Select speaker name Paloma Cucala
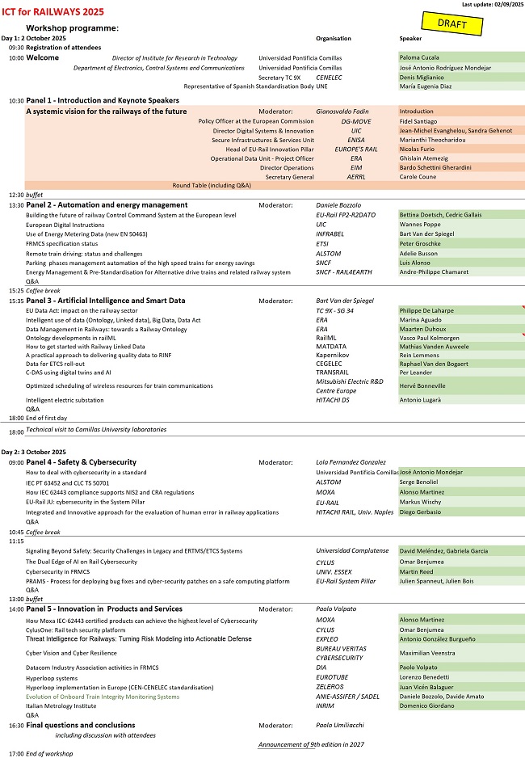pyautogui.click(x=418, y=58)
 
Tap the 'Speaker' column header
pyautogui.click(x=410, y=38)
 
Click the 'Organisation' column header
pyautogui.click(x=334, y=38)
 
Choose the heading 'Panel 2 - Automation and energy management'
pyautogui.click(x=107, y=205)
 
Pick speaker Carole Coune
pyautogui.click(x=418, y=176)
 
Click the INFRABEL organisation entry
pyautogui.click(x=332, y=234)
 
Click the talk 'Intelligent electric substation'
pyautogui.click(x=65, y=400)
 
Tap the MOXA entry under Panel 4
pyautogui.click(x=325, y=491)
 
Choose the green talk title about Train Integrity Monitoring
pyautogui.click(x=103, y=696)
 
